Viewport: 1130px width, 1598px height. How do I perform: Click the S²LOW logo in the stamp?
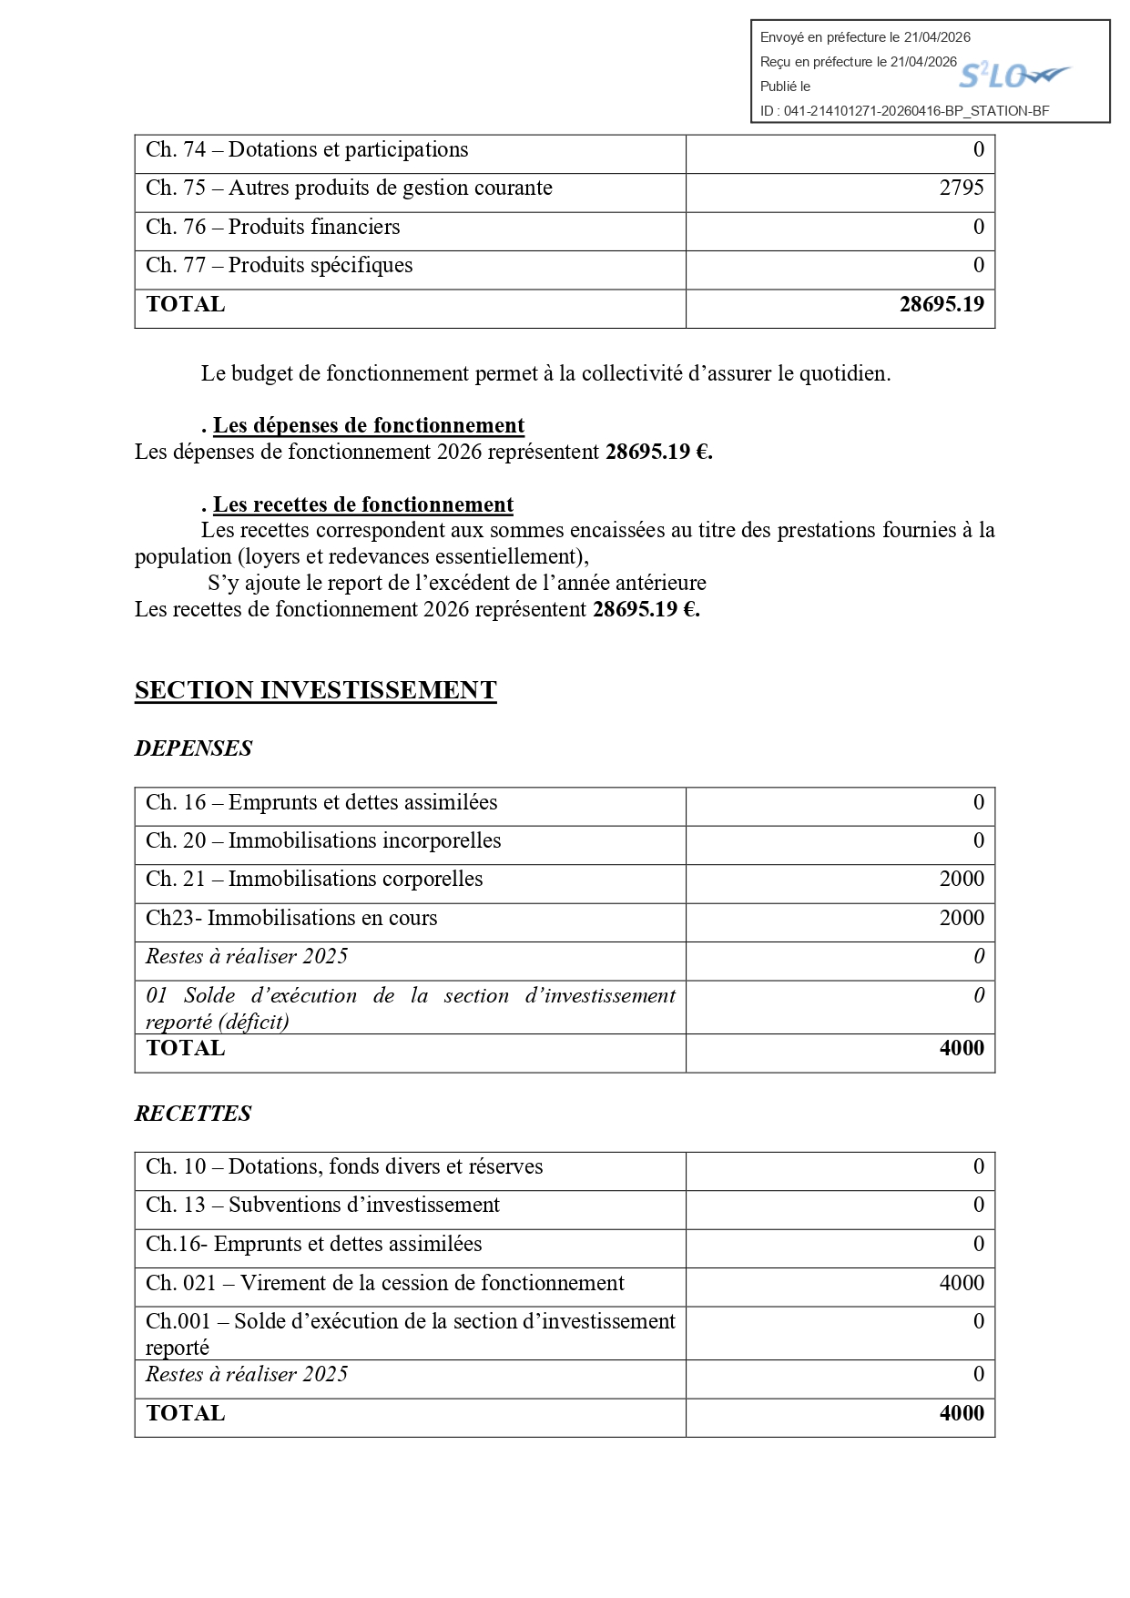click(x=1013, y=75)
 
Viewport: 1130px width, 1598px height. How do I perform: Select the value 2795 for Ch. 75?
click(x=962, y=188)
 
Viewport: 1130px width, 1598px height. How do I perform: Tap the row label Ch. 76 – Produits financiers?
click(x=272, y=227)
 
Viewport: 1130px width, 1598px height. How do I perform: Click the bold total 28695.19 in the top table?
click(x=942, y=304)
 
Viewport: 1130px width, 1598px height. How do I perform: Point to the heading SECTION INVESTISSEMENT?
click(x=315, y=690)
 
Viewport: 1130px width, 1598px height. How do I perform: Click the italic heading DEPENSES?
click(x=193, y=748)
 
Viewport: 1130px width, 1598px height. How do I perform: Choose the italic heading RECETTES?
click(x=193, y=1114)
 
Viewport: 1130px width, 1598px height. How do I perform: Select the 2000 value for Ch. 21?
click(x=962, y=879)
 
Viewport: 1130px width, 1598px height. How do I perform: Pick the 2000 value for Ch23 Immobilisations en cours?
click(x=962, y=918)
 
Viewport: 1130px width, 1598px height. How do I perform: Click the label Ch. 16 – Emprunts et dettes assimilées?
click(x=321, y=802)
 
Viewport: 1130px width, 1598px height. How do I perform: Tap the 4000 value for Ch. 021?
click(x=962, y=1283)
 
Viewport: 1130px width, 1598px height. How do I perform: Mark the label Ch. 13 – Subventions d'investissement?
click(x=322, y=1205)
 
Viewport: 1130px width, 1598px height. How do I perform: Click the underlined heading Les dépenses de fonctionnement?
click(x=368, y=426)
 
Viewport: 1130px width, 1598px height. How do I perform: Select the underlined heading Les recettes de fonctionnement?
click(x=362, y=505)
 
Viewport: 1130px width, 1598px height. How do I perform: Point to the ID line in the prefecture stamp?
click(x=904, y=111)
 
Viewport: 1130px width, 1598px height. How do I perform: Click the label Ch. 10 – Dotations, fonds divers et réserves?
click(x=344, y=1166)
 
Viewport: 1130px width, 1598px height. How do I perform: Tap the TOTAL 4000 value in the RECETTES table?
click(x=962, y=1413)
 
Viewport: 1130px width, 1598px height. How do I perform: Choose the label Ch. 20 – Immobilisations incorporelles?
click(x=323, y=840)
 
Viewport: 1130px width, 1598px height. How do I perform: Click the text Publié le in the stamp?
click(x=785, y=87)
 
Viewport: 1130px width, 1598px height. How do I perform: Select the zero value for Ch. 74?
click(x=979, y=149)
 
